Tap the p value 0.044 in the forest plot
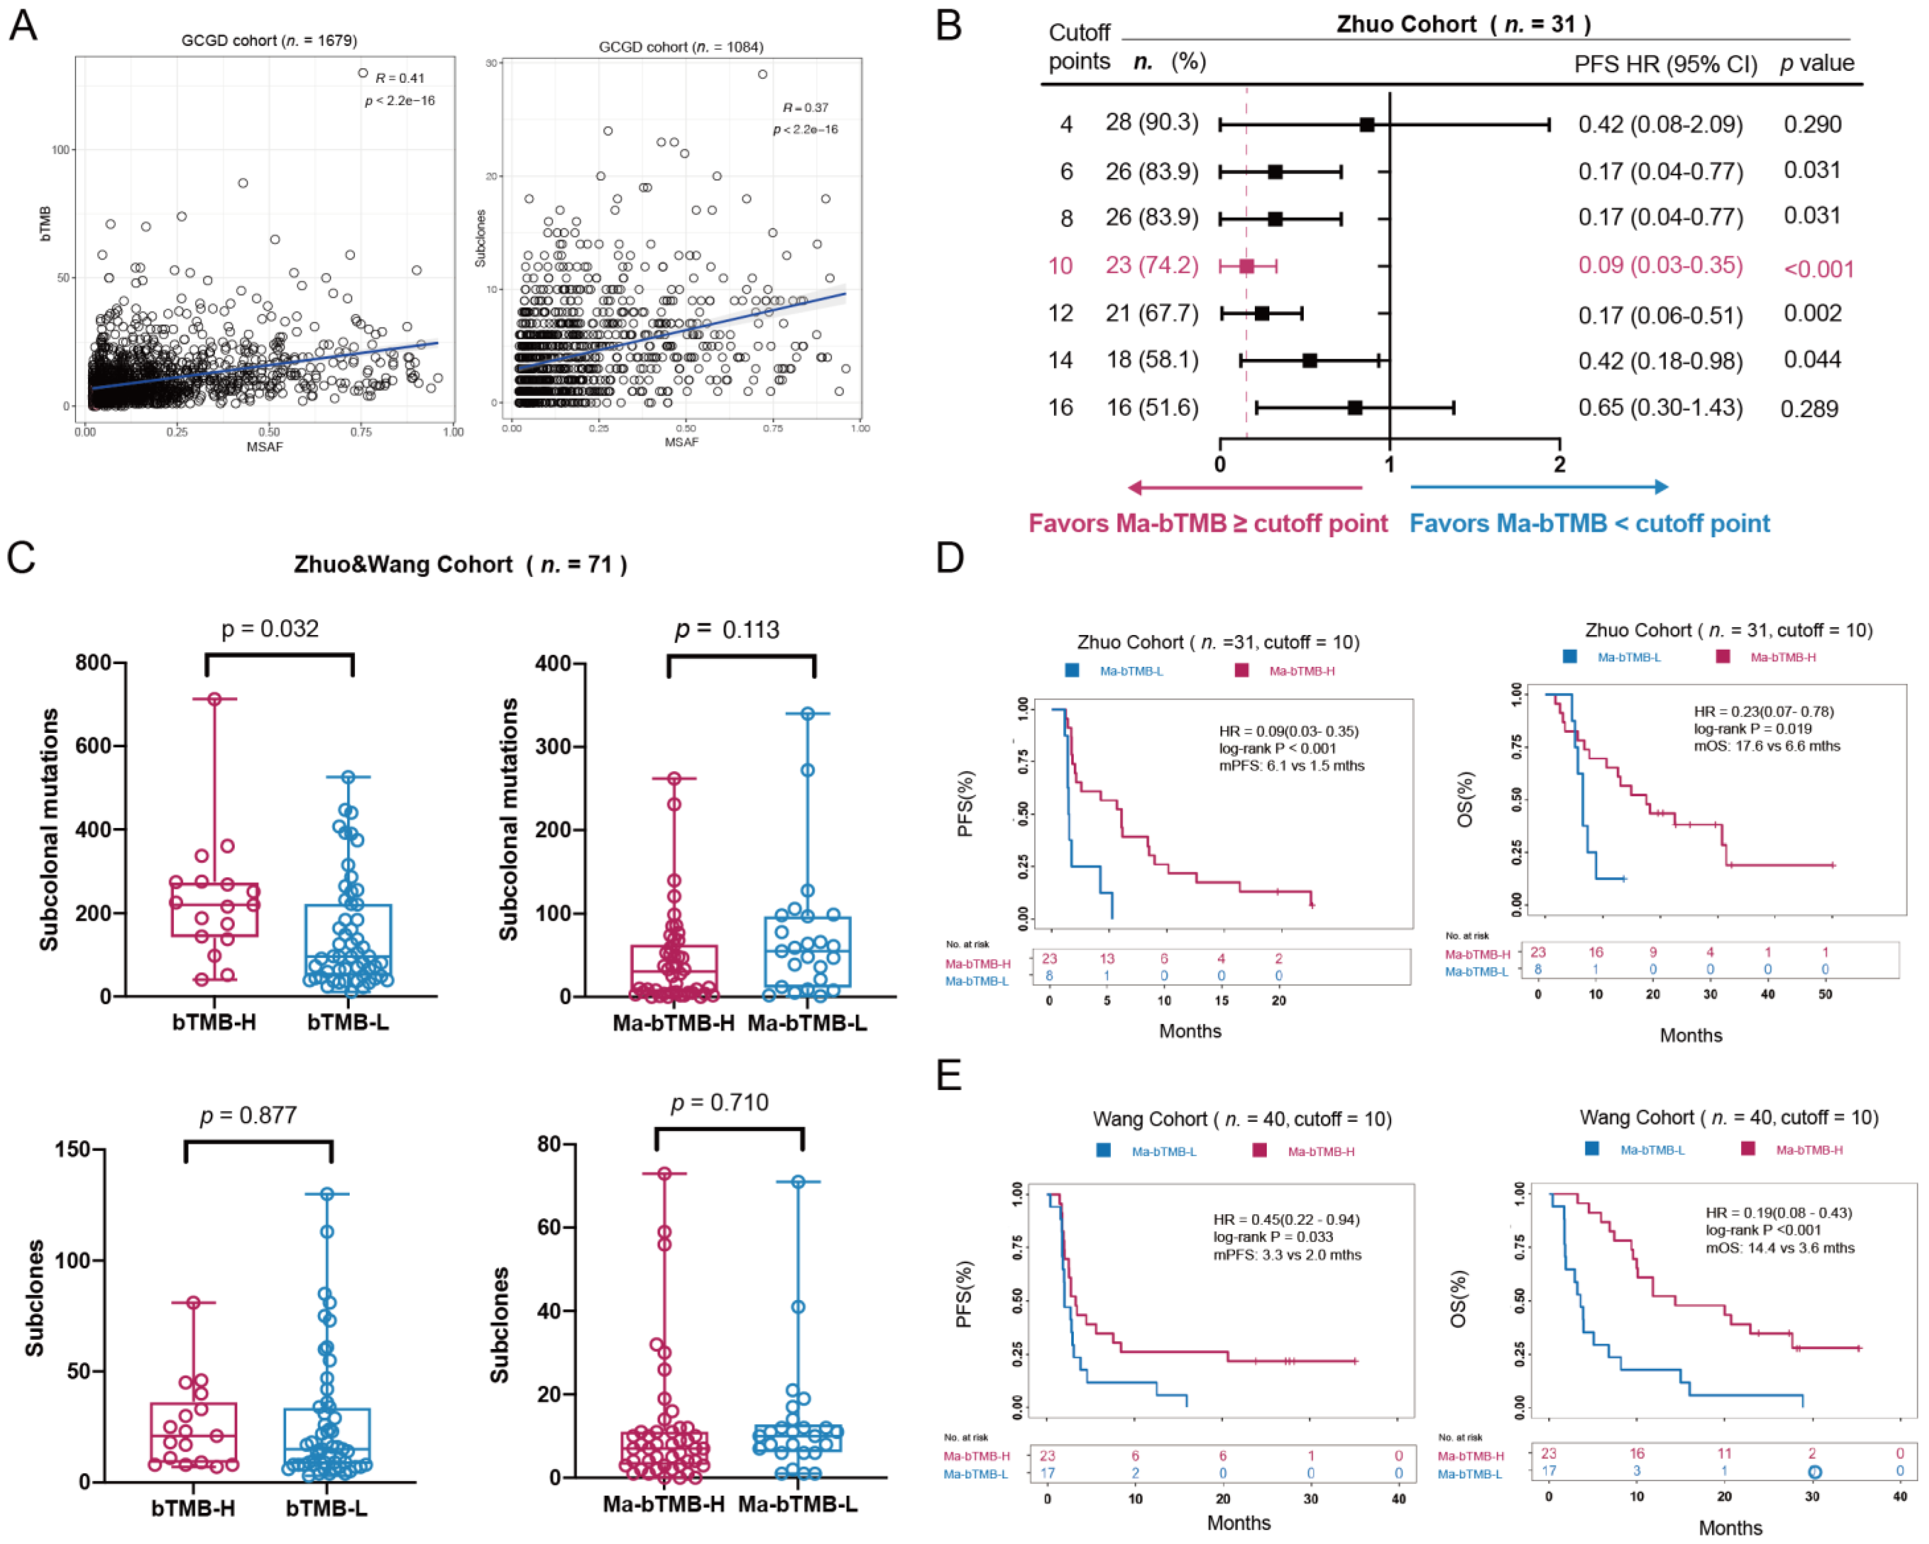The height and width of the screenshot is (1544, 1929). [1812, 360]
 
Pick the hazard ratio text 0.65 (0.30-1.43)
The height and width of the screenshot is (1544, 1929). [1660, 408]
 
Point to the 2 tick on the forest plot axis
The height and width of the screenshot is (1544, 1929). [1560, 464]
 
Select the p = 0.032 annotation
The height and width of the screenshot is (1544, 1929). [270, 629]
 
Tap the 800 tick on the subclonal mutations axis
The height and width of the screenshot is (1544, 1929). [94, 663]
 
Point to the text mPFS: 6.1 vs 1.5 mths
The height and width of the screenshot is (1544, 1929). [1291, 766]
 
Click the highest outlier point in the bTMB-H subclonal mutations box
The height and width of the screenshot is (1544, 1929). [215, 698]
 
